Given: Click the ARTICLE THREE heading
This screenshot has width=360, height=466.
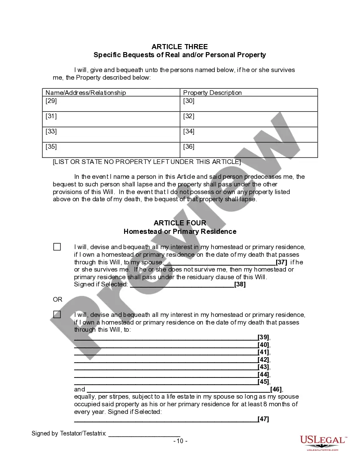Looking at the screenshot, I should pos(180,47).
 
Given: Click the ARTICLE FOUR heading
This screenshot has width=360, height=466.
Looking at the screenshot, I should pos(180,223).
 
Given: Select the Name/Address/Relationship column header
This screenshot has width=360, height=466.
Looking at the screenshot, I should pos(86,92).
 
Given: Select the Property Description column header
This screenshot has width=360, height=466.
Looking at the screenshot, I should pos(212,92).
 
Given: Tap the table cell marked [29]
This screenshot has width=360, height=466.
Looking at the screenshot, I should pos(111,104).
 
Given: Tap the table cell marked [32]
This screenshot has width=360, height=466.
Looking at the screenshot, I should pos(249,119).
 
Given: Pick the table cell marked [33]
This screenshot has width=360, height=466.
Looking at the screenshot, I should pos(111,134).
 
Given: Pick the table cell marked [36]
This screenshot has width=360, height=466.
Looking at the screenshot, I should pos(249,150).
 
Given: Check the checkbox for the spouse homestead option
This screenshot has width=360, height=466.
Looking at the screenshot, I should pos(57,247).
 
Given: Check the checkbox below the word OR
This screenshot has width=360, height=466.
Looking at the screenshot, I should pos(57,314).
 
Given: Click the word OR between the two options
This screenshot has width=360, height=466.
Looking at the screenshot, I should pos(58,300).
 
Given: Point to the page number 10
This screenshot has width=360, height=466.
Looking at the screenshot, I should pos(180,441).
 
